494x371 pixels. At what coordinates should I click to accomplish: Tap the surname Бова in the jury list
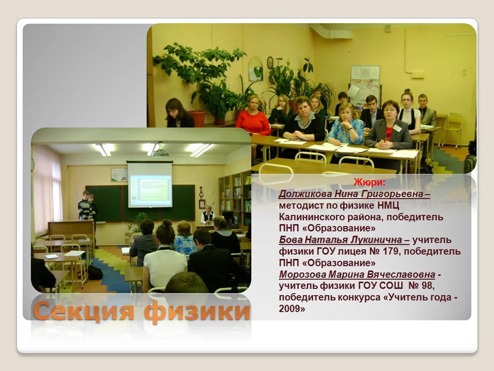(290, 240)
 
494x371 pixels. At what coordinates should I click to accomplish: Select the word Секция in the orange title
(84, 311)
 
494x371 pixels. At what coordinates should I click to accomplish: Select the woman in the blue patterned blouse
(346, 125)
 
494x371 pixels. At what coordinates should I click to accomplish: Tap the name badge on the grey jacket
(397, 128)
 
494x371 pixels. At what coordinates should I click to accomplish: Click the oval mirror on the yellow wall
(255, 69)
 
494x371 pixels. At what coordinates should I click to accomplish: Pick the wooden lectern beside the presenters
(71, 228)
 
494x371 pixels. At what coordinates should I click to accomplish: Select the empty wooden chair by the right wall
(452, 129)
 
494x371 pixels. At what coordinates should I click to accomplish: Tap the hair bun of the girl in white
(166, 224)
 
